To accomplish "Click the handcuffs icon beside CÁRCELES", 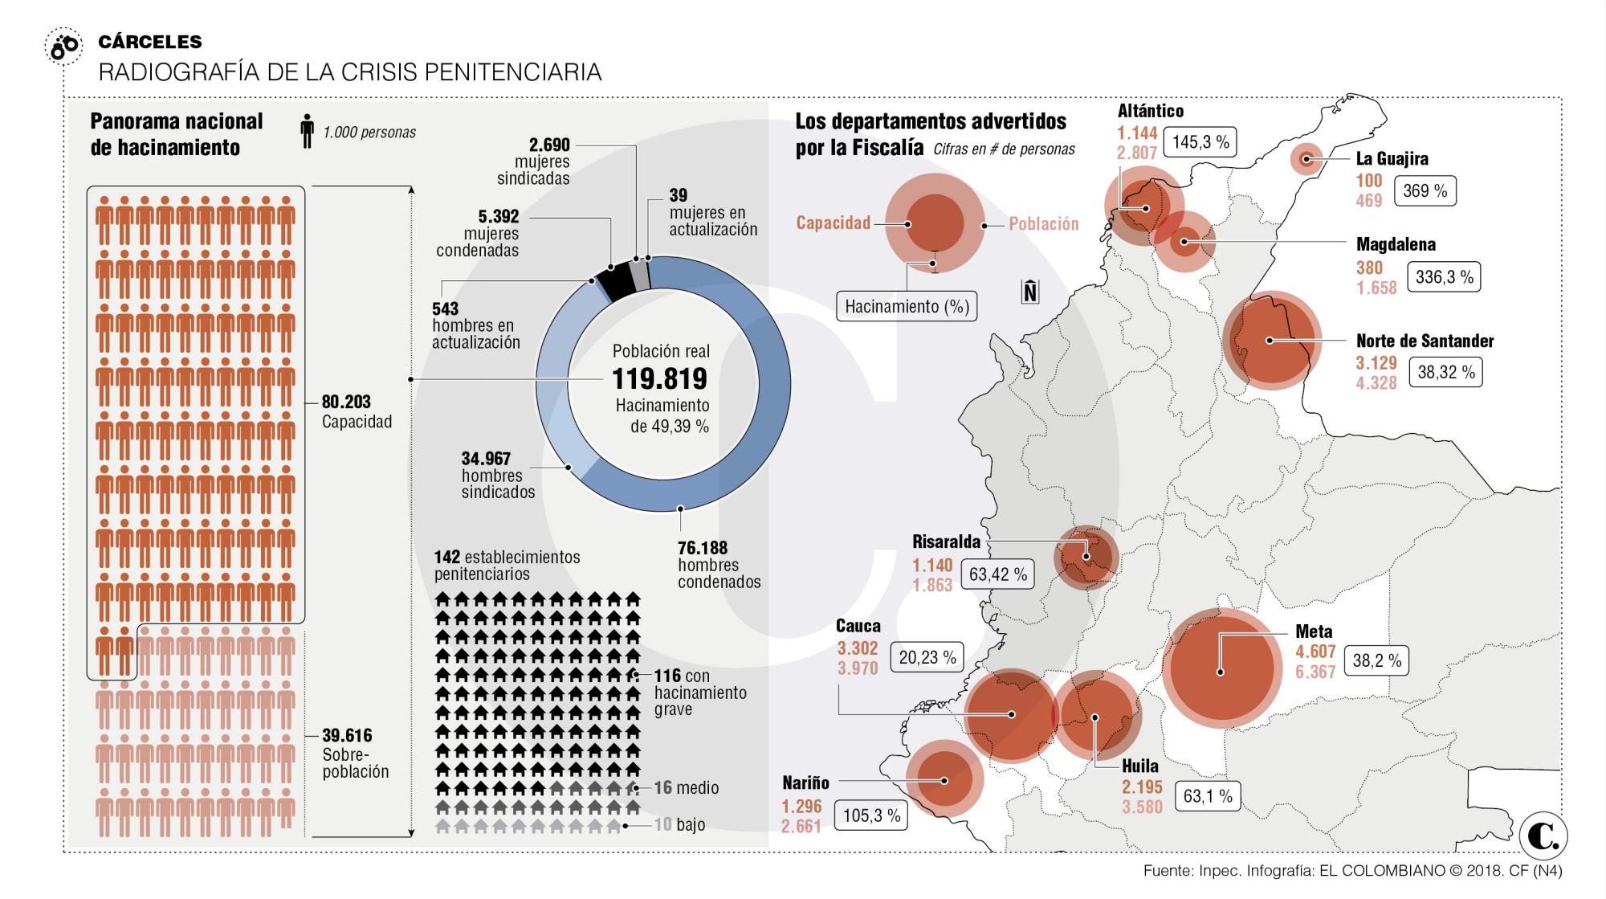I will point(63,47).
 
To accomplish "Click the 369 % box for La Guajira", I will point(1425,191).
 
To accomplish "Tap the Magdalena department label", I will point(1396,244).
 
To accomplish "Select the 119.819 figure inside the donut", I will point(659,378).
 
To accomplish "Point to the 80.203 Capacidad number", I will point(346,402).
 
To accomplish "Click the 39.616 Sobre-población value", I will point(347,735).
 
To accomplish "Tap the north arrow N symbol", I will point(1030,292).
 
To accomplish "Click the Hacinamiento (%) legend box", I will point(907,307).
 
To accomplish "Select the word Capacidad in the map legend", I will point(833,223).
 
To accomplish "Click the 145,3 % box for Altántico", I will point(1200,142).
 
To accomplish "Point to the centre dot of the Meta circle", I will point(1221,672).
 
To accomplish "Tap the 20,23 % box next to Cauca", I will point(927,657).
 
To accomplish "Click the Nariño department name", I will point(805,783).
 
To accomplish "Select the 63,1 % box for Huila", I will point(1207,796).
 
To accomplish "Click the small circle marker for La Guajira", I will point(1306,159).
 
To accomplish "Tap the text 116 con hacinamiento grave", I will point(699,692).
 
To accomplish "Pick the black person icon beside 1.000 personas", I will point(307,131).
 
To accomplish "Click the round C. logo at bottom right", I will point(1543,836).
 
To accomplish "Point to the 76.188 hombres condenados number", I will point(703,548).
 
